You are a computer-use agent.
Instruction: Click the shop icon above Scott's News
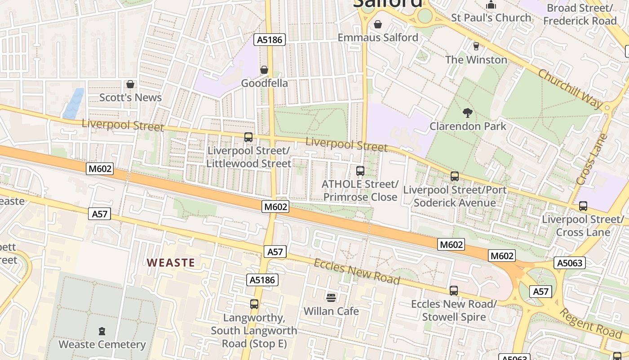(x=130, y=84)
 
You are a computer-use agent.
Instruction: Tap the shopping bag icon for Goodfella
(x=264, y=70)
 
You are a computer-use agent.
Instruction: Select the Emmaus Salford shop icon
(x=378, y=24)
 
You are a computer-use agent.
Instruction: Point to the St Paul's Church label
(x=491, y=18)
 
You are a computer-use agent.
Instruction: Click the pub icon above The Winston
(x=476, y=46)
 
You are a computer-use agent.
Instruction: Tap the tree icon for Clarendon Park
(x=467, y=112)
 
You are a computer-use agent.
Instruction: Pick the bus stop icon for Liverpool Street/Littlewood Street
(x=248, y=137)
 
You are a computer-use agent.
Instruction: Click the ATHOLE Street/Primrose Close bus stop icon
(x=360, y=171)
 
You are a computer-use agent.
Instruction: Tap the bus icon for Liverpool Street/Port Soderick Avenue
(x=455, y=176)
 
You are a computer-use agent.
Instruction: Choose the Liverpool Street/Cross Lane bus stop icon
(x=583, y=206)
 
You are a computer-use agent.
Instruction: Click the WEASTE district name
(x=171, y=263)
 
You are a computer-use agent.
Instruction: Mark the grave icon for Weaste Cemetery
(x=102, y=331)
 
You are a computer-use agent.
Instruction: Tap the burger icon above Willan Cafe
(x=331, y=297)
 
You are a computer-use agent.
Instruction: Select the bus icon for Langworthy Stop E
(x=254, y=304)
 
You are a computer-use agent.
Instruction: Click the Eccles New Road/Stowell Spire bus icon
(x=454, y=291)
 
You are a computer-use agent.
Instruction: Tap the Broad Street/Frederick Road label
(x=580, y=14)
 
